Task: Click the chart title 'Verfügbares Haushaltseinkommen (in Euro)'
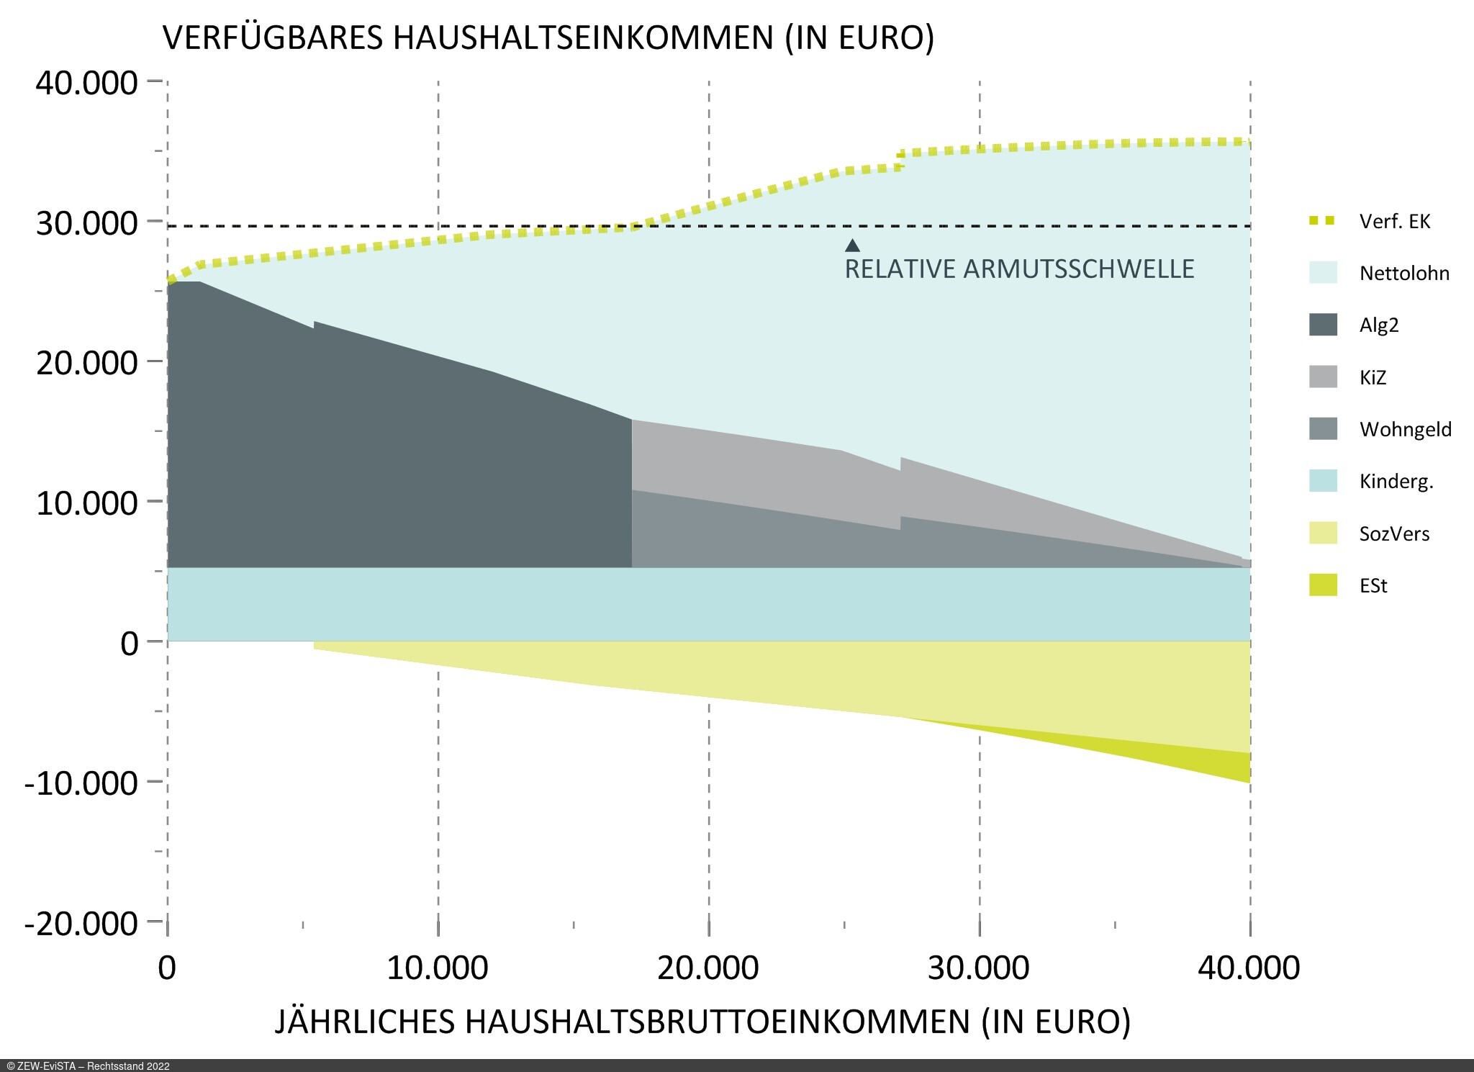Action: pyautogui.click(x=548, y=37)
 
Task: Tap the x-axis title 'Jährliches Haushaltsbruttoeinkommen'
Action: pyautogui.click(x=702, y=1022)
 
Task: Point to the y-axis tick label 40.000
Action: pyautogui.click(x=86, y=83)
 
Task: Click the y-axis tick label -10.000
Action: pyautogui.click(x=81, y=783)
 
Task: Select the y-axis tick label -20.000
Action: pyautogui.click(x=81, y=923)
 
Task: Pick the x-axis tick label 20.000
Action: pyautogui.click(x=707, y=968)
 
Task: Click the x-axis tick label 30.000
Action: pyautogui.click(x=978, y=968)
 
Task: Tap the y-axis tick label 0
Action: pyautogui.click(x=130, y=643)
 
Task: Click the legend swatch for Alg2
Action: pyautogui.click(x=1323, y=325)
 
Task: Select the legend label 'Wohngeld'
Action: pyautogui.click(x=1405, y=430)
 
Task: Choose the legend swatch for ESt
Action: pyautogui.click(x=1323, y=585)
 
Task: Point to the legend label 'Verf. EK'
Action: pyautogui.click(x=1394, y=221)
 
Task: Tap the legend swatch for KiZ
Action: pyautogui.click(x=1323, y=377)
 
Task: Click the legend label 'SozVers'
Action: pyautogui.click(x=1394, y=534)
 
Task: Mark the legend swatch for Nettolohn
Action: pyautogui.click(x=1323, y=273)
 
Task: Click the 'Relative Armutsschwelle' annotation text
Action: pyautogui.click(x=1019, y=269)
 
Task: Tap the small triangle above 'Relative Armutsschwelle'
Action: pyautogui.click(x=852, y=246)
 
